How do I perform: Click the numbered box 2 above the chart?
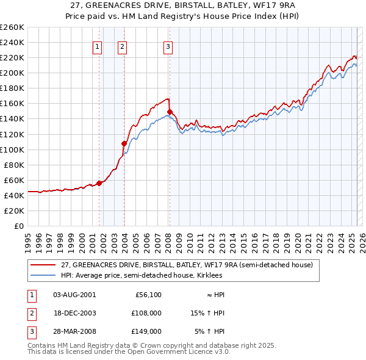coord(122,46)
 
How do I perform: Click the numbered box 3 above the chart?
coord(168,46)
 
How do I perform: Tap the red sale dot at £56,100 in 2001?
coord(99,182)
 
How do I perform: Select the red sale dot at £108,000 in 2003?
coord(124,143)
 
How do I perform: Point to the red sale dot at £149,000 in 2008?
coord(170,112)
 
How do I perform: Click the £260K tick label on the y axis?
coord(12,27)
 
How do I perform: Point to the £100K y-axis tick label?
coord(12,149)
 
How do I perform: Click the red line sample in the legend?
coord(43,265)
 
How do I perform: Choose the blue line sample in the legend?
coord(43,275)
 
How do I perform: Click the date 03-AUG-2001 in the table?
coord(74,295)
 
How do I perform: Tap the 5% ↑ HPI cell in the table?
coord(210,331)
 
